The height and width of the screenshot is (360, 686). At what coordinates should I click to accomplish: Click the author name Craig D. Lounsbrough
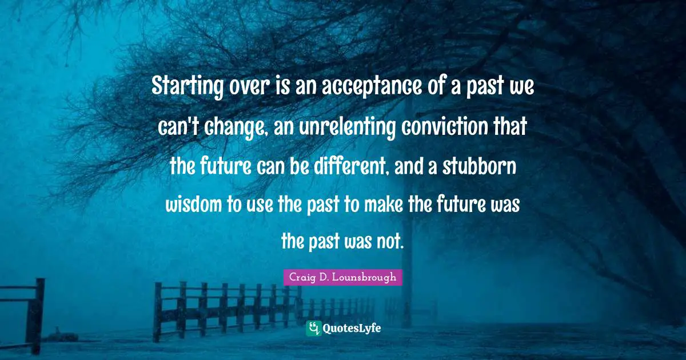pos(342,278)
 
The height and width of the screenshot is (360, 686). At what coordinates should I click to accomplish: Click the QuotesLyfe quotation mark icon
pos(314,328)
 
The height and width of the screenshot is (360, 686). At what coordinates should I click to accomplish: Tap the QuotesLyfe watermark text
pos(352,328)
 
